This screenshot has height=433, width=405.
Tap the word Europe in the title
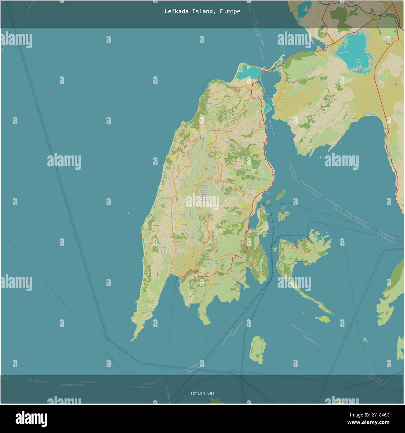click(x=230, y=12)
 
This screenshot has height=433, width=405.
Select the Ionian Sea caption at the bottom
click(x=202, y=393)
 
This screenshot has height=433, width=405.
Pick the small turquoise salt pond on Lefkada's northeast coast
click(x=267, y=108)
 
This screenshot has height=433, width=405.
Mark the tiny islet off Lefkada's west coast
click(x=128, y=213)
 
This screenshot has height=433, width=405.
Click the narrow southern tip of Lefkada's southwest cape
click(x=133, y=340)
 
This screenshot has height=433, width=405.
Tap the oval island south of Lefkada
click(x=258, y=350)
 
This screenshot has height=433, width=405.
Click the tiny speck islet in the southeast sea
click(x=365, y=340)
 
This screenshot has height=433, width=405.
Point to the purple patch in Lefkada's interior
click(x=207, y=169)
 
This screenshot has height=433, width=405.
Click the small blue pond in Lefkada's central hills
click(x=233, y=151)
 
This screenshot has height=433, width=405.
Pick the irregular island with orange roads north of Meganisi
click(x=283, y=216)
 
